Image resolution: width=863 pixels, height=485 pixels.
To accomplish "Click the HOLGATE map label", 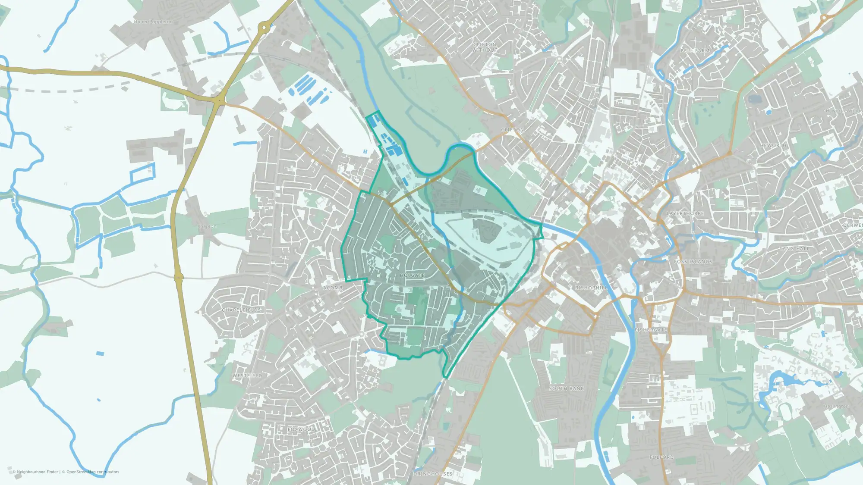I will tap(412, 275).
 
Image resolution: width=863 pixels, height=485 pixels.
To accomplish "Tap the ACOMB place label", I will tap(333, 288).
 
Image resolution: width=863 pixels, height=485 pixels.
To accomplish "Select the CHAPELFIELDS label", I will tap(242, 310).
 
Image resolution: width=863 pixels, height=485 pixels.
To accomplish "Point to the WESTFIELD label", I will tap(247, 375).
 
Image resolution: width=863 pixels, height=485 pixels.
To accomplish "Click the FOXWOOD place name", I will tap(301, 429).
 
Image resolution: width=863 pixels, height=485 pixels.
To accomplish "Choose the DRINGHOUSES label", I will tap(433, 474).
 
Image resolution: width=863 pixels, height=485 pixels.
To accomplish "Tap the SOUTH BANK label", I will tap(566, 388).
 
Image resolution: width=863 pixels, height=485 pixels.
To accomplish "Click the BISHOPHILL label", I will tap(591, 288).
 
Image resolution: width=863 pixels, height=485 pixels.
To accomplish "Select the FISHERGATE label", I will tap(651, 330).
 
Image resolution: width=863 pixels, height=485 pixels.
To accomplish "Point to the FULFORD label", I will tap(661, 457).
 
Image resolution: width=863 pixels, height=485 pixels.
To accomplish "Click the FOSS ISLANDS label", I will tap(693, 262).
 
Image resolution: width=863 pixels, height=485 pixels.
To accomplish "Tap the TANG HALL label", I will tap(794, 249).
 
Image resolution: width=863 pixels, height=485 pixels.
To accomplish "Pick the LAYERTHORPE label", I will tap(685, 213).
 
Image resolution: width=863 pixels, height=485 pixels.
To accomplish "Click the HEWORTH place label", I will tap(773, 145).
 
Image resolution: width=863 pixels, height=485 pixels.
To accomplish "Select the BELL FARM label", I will tap(695, 50).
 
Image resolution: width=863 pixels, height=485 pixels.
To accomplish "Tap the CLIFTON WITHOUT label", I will tap(485, 47).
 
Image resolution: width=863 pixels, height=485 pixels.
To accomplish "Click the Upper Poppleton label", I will tap(153, 22).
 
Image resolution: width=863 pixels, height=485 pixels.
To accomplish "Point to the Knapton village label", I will tap(207, 226).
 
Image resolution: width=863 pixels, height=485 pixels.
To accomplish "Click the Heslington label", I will tap(836, 407).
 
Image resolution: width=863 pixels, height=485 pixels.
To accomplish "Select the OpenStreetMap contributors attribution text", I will tap(92, 472).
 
